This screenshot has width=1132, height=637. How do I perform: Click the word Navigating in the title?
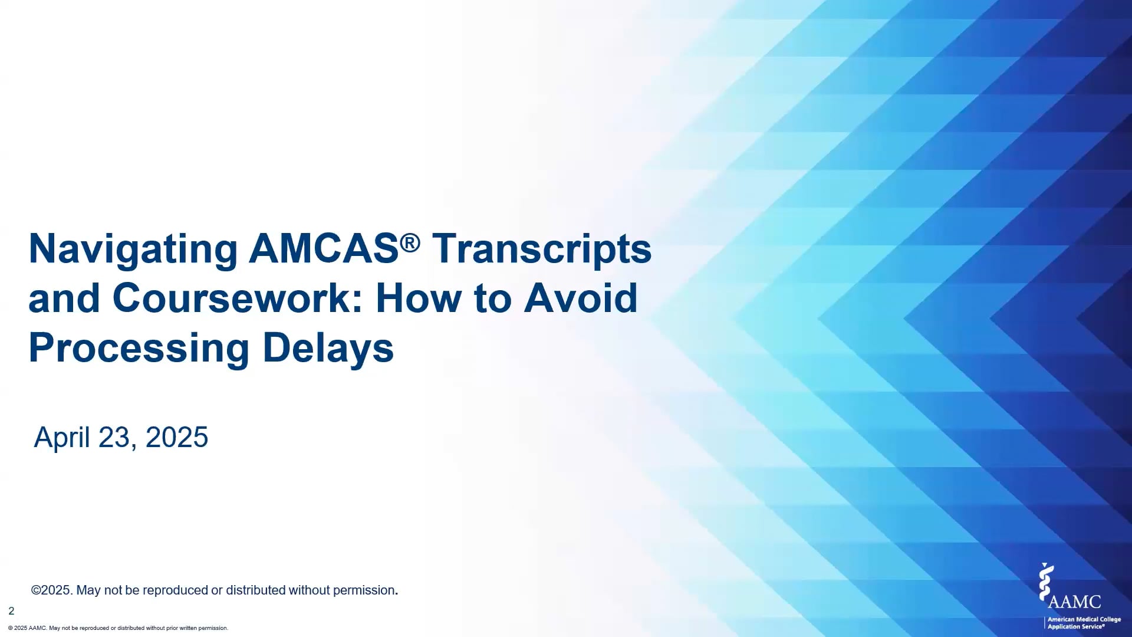pos(133,249)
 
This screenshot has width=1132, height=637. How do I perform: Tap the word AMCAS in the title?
pos(324,248)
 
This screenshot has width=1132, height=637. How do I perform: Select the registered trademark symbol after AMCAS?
pos(410,241)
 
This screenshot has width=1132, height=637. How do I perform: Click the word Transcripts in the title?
pos(542,249)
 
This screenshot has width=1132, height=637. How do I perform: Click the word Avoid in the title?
pos(581,298)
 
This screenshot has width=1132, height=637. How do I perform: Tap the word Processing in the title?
pos(139,348)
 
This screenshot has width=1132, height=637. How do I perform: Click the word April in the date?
pos(62,438)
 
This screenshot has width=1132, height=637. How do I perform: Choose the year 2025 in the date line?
pos(176,438)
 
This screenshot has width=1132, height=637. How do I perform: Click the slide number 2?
pos(11,611)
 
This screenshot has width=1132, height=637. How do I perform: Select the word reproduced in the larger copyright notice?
pos(175,590)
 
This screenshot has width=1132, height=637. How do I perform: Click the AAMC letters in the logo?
pos(1074,602)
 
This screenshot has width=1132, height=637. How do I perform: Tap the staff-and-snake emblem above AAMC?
pos(1046,581)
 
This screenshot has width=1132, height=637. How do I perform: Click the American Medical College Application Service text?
pos(1084,623)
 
